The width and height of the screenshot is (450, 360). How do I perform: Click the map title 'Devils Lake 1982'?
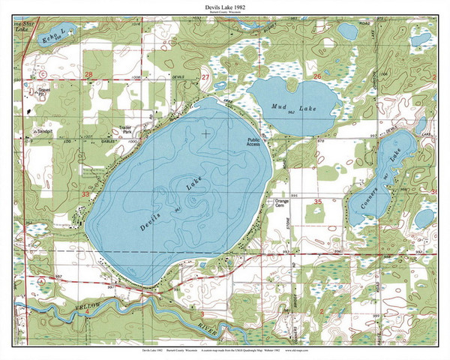coord(224,7)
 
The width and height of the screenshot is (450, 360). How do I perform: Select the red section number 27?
coord(205,76)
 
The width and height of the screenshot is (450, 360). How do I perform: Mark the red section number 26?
coord(316,76)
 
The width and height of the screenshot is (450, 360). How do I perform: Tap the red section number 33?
coord(85,193)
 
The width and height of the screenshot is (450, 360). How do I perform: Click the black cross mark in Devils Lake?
coord(205,133)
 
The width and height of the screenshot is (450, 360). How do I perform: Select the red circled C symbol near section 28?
coord(42,74)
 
